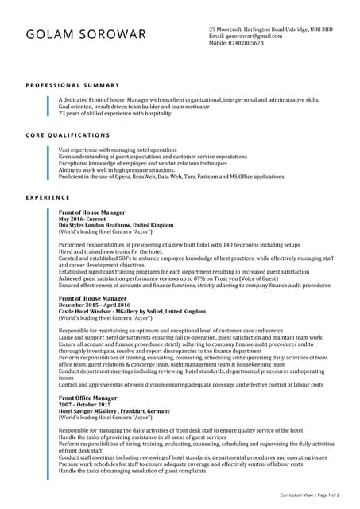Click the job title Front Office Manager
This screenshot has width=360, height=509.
click(x=87, y=398)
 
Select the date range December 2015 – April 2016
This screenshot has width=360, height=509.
click(x=95, y=305)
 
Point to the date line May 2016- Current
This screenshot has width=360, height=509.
click(x=82, y=220)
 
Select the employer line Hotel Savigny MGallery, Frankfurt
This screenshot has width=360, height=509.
click(x=114, y=410)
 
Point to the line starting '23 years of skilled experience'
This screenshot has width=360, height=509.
click(x=114, y=113)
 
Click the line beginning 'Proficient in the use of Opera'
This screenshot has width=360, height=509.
click(x=171, y=177)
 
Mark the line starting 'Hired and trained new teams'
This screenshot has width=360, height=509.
click(x=110, y=251)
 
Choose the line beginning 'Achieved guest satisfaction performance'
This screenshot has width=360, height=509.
click(x=168, y=278)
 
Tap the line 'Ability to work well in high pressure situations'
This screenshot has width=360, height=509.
click(x=117, y=170)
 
